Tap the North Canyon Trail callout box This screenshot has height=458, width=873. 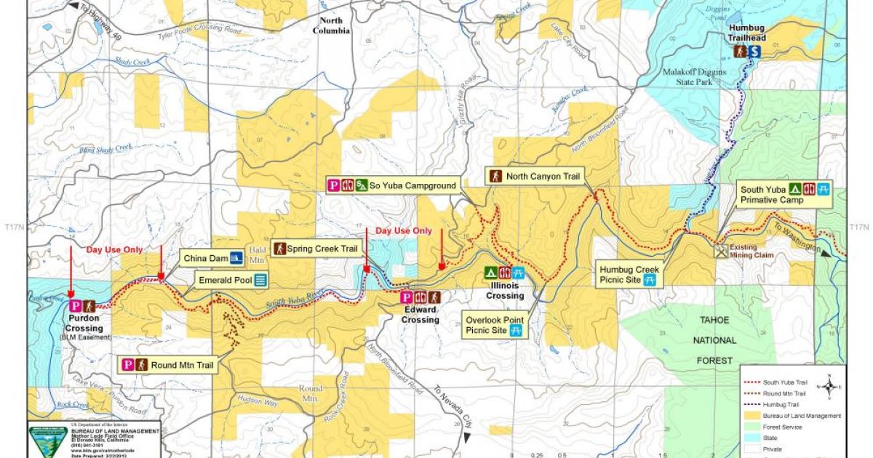coord(537,176)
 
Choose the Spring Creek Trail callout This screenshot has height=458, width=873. coord(316,249)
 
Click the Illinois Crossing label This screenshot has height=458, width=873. coord(505,291)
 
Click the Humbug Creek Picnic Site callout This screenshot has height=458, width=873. coord(629,274)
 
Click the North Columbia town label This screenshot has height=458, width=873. coord(331,25)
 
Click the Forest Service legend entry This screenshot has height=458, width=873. coord(781,427)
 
